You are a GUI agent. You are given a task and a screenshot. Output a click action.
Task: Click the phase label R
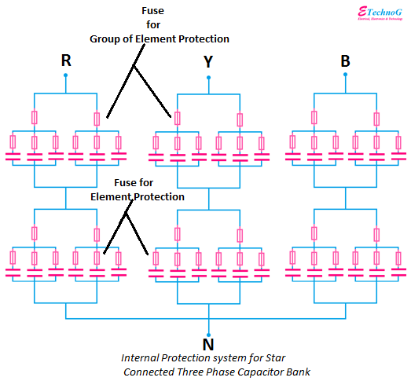click(65, 60)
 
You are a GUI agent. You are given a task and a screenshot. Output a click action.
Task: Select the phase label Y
click(208, 61)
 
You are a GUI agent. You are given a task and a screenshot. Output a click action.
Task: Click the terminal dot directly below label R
click(65, 76)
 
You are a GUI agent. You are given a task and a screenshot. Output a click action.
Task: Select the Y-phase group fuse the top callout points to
click(177, 118)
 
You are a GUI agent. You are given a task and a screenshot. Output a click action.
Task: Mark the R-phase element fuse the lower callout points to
click(97, 257)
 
